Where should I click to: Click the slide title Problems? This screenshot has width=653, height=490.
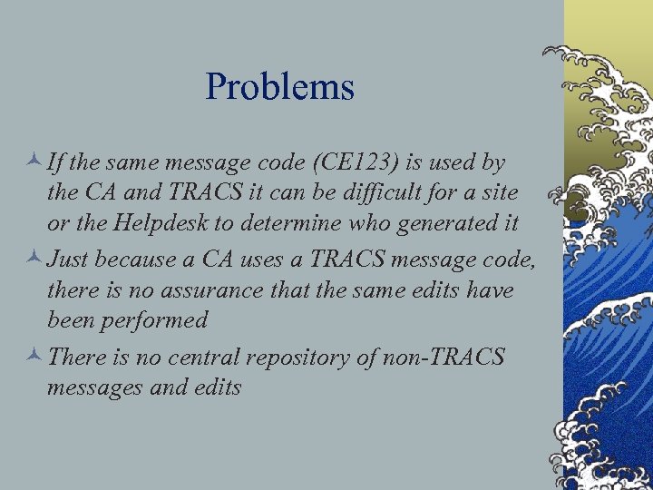(279, 88)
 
